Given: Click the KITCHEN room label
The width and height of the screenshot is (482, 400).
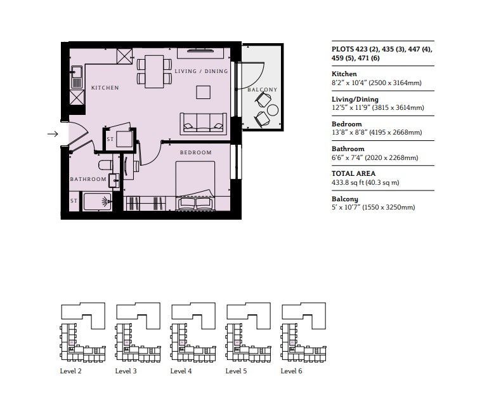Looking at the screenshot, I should [105, 88].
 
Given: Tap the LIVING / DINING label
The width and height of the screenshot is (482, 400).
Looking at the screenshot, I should [201, 71].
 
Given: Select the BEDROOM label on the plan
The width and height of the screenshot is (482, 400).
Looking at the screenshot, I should [195, 153].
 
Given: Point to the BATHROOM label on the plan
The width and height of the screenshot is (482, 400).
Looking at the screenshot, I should [88, 179].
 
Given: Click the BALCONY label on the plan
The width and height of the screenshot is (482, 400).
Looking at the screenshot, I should [262, 90].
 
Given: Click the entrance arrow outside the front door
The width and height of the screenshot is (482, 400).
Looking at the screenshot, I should [53, 133].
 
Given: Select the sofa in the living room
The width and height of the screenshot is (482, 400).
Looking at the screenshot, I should [203, 123].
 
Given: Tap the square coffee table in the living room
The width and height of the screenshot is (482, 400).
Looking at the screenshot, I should [204, 92].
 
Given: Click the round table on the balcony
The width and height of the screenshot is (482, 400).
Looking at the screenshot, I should [273, 109].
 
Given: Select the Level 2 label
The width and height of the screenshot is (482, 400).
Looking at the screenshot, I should [70, 371].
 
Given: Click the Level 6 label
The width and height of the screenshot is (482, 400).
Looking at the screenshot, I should [291, 371].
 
